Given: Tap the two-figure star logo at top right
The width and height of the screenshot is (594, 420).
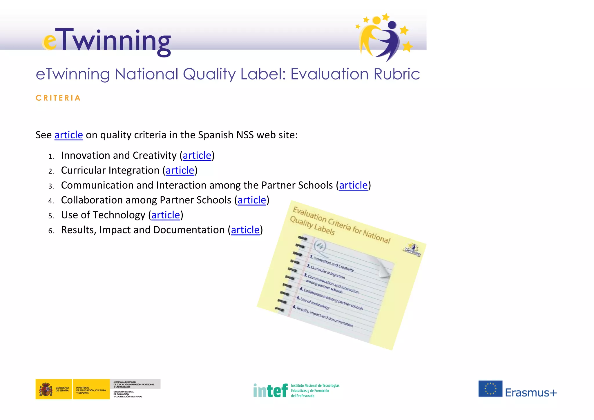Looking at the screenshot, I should (383, 37).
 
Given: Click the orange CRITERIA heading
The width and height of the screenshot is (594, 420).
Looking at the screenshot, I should (58, 98).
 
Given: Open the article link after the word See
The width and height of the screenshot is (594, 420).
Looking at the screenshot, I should (69, 135).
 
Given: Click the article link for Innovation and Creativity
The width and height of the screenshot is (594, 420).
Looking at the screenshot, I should (197, 155).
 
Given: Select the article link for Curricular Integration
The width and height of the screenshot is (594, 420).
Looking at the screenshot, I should (180, 170).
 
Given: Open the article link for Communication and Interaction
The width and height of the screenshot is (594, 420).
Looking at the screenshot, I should (353, 185).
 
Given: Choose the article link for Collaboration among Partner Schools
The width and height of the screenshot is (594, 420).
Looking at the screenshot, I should (252, 200).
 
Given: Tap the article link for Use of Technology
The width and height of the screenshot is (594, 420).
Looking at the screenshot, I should (166, 215).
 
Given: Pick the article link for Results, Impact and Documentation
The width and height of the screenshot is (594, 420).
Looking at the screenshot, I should (245, 230).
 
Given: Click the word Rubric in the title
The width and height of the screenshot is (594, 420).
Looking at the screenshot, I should (396, 74).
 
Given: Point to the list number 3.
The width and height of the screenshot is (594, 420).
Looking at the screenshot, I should (51, 186).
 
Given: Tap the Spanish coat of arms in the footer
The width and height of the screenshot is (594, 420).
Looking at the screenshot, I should (46, 389).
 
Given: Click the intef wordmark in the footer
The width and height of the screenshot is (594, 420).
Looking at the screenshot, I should (270, 390).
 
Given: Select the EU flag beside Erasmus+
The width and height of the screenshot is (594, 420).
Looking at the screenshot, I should (490, 389).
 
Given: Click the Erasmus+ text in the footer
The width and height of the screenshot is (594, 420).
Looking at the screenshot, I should (531, 392).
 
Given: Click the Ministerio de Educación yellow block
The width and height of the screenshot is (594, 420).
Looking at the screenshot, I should (91, 389).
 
